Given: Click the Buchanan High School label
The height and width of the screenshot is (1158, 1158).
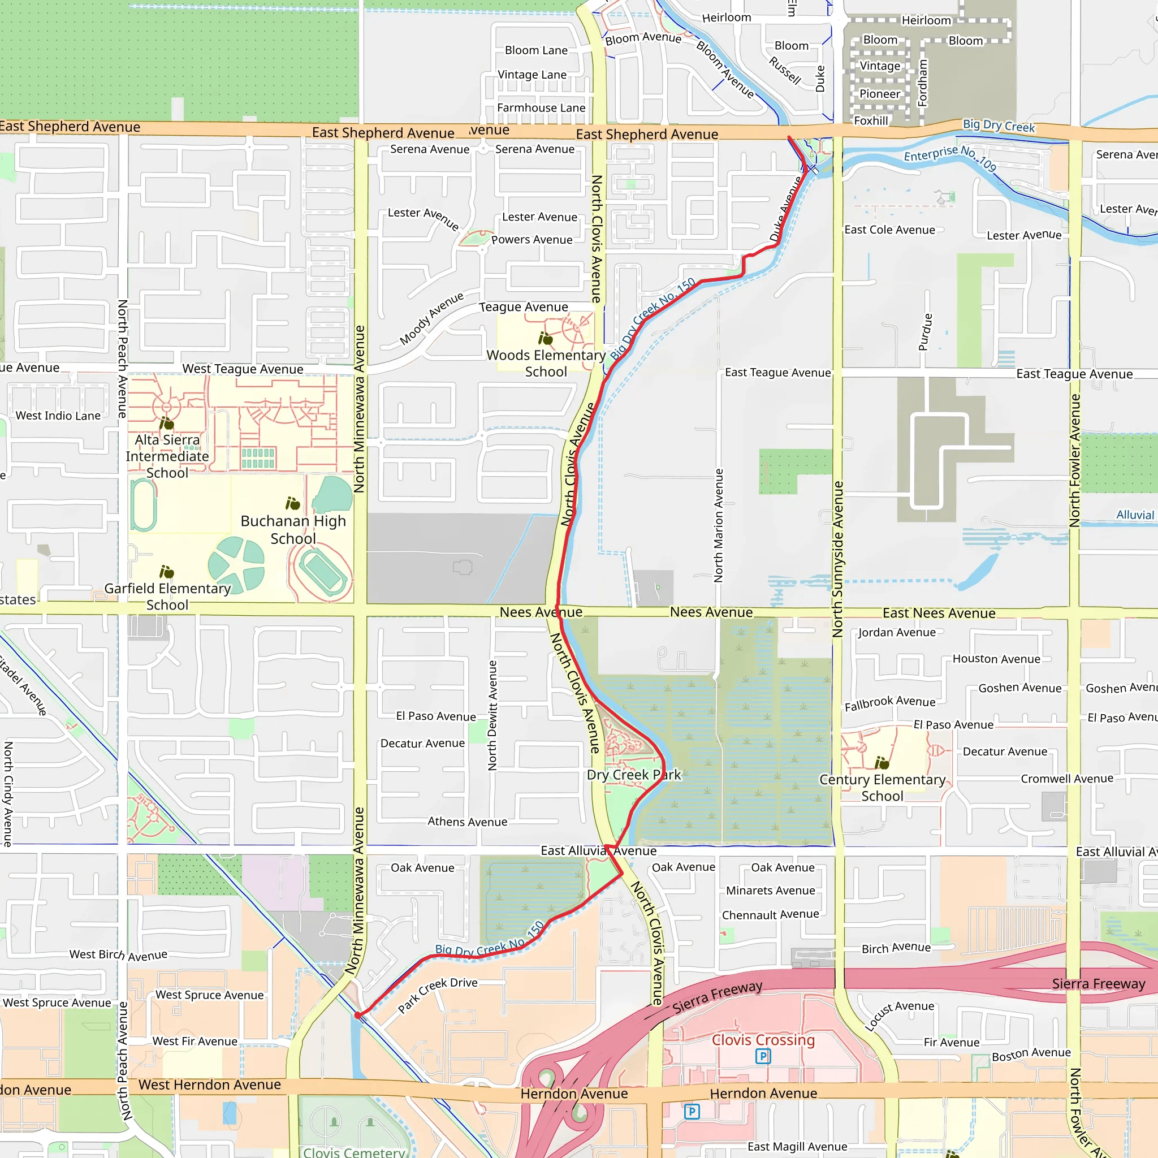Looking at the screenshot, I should click(x=293, y=530).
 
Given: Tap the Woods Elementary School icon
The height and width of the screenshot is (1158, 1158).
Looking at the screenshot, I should click(x=546, y=339).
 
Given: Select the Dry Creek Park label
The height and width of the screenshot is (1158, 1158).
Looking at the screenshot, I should click(x=633, y=775).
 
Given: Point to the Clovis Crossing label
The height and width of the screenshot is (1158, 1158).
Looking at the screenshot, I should click(x=763, y=1040).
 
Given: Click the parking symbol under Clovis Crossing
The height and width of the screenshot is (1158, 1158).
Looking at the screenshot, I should click(x=763, y=1056).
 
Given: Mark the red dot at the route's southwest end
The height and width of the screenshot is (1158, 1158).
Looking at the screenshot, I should click(x=358, y=1016).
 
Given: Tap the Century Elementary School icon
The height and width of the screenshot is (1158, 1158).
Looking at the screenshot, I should click(x=882, y=763).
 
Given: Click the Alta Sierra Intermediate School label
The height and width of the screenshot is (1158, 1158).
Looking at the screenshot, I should click(x=167, y=456).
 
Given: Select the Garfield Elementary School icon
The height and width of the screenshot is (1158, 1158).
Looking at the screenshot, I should click(x=167, y=572).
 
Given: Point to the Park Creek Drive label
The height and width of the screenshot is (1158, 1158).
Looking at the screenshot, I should click(x=438, y=995).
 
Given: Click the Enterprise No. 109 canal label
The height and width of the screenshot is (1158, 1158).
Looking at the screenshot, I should click(x=950, y=157).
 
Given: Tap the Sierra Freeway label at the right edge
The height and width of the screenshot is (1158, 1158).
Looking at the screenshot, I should click(x=1098, y=984).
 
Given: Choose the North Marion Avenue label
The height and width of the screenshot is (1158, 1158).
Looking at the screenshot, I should click(x=719, y=526).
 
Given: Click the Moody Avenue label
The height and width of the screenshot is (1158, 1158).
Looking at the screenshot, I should click(x=431, y=318).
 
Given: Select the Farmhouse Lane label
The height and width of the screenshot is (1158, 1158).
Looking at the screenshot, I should click(x=541, y=108).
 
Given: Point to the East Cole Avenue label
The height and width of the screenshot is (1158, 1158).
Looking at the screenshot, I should click(x=889, y=230).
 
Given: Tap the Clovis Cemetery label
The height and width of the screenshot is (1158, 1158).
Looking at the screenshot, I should click(x=353, y=1152).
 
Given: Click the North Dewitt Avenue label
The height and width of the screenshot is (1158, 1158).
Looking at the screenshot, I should click(x=492, y=715).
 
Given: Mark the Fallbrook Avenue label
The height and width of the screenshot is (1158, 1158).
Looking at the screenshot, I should click(x=889, y=703).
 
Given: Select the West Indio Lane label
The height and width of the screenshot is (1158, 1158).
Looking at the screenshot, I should click(x=58, y=416).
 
